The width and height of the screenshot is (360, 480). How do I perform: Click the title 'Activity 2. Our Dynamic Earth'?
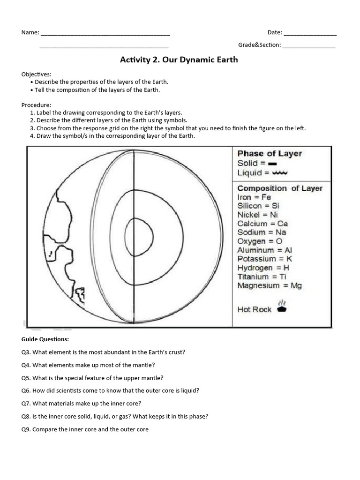click(179, 60)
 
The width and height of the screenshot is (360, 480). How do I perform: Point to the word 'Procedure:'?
click(36, 105)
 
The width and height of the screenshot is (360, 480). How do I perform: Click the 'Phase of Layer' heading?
click(270, 153)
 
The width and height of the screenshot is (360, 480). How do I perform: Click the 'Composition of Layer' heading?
click(280, 188)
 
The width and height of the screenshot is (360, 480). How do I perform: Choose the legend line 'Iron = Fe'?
click(254, 197)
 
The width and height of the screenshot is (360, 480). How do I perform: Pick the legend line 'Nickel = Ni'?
click(258, 215)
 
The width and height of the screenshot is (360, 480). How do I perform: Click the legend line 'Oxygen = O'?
click(260, 241)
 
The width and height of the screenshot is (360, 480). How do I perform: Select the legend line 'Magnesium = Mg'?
click(270, 285)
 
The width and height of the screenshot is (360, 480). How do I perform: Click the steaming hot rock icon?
click(282, 307)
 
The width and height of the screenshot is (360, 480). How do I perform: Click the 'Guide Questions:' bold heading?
click(45, 339)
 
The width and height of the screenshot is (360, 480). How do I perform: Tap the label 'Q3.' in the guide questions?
click(26, 352)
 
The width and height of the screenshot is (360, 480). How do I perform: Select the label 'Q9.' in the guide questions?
click(26, 429)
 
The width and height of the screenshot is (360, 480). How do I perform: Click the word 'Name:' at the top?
click(30, 32)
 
